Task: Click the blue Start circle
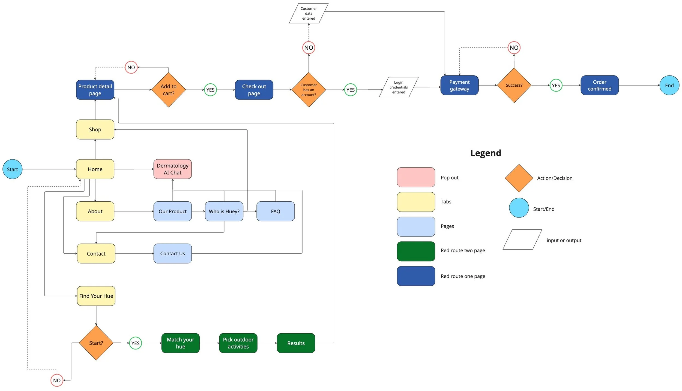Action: coord(12,169)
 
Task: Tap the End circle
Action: coord(669,85)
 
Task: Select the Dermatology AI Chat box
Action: coord(172,169)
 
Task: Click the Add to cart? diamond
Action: coord(168,90)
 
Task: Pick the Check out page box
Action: coord(254,90)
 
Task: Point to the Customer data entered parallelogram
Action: coord(309,13)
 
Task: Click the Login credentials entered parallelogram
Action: coord(398,87)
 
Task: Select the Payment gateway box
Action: coord(459,85)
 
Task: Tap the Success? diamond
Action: coord(514,85)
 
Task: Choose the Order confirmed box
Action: coord(599,85)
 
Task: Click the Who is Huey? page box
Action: coord(224,211)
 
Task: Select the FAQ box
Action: coord(275,211)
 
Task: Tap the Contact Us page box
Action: coord(172,253)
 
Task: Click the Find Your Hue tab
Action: coord(96,296)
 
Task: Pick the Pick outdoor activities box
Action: coord(238,343)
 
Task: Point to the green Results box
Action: coord(296,343)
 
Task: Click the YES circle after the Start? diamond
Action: coord(135,343)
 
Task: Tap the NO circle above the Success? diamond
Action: coord(514,48)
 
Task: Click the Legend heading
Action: coord(486,153)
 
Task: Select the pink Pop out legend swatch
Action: coord(416,177)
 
